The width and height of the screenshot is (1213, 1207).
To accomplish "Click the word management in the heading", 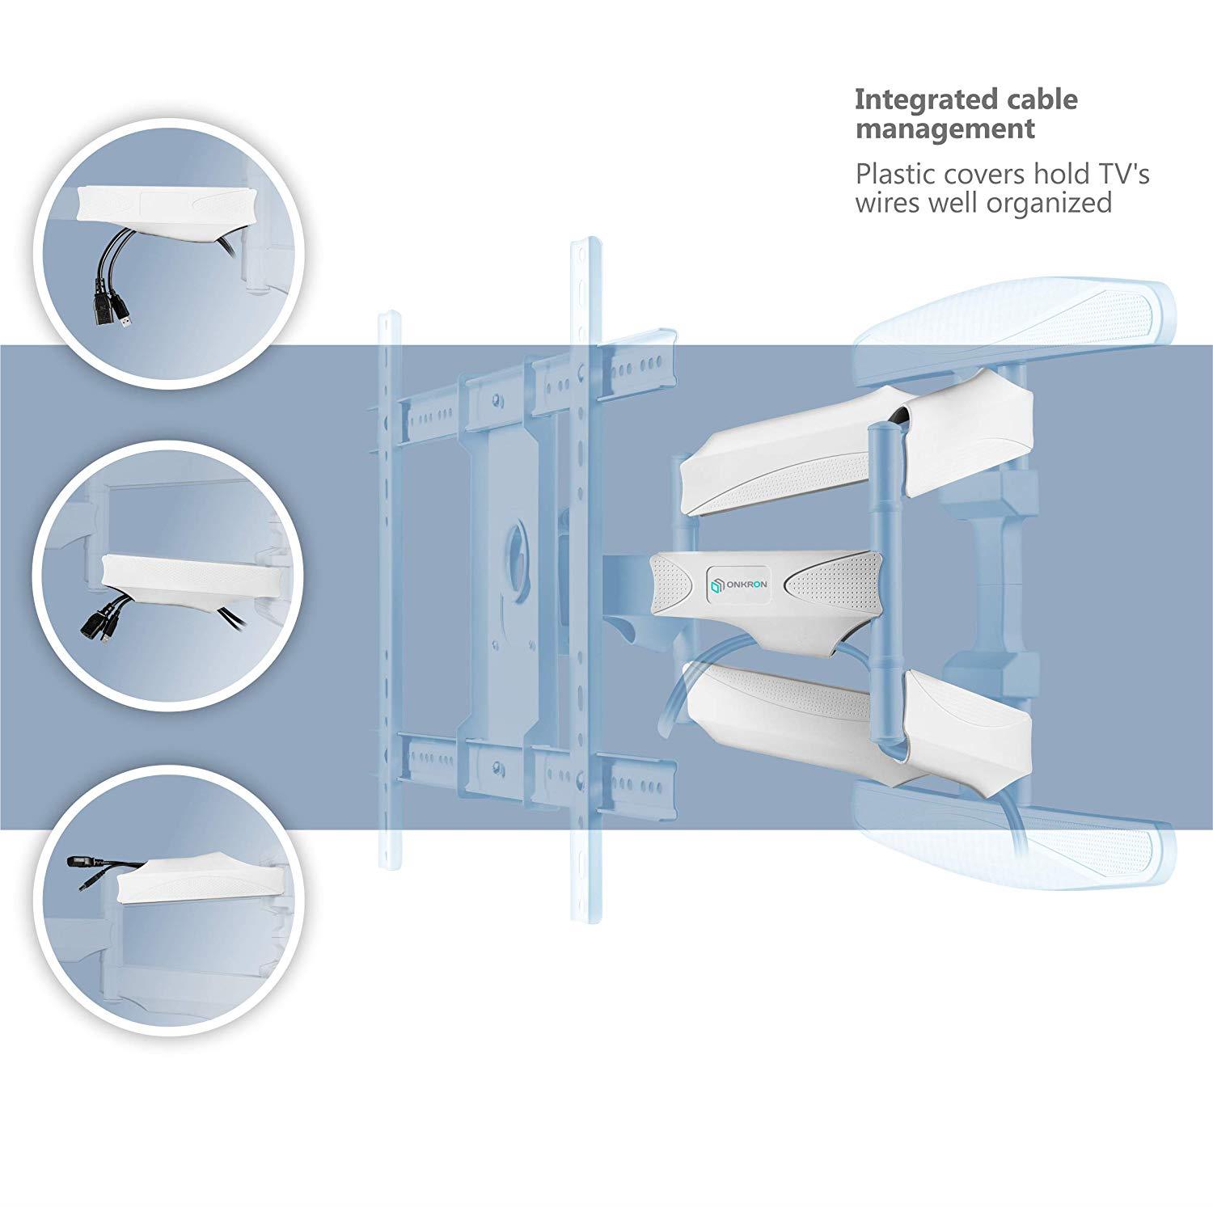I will pyautogui.click(x=945, y=129).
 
